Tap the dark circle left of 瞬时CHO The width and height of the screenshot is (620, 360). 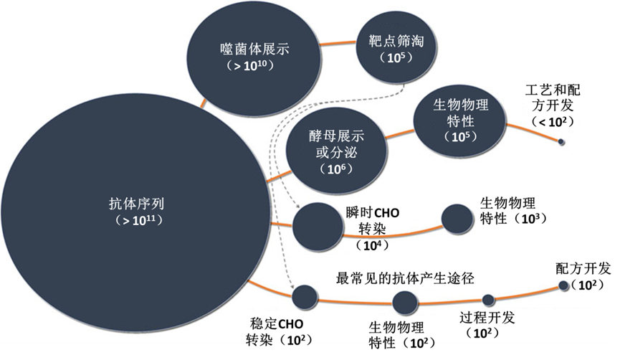pyautogui.click(x=313, y=223)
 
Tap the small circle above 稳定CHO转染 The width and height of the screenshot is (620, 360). pyautogui.click(x=305, y=295)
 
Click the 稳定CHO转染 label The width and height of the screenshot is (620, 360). pyautogui.click(x=275, y=331)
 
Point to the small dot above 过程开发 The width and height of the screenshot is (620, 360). pyautogui.click(x=488, y=300)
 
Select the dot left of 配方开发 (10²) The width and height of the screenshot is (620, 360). pyautogui.click(x=563, y=285)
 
